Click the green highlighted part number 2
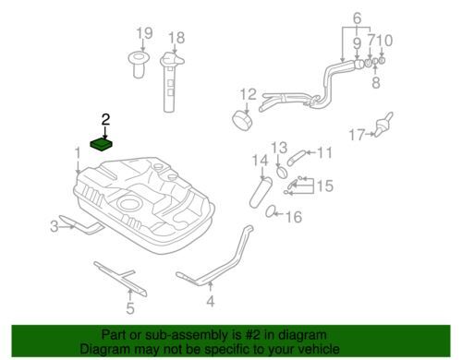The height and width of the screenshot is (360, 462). (101, 145)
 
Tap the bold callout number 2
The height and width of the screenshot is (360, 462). (105, 119)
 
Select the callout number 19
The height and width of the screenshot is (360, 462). (144, 33)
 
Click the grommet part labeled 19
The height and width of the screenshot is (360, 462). (139, 65)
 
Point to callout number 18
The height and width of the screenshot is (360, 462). (176, 38)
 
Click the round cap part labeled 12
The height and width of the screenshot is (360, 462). (242, 120)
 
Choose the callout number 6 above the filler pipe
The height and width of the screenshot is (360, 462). (357, 18)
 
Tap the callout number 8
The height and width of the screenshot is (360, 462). (376, 82)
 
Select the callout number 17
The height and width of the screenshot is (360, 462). (357, 135)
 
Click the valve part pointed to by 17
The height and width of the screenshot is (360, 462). (383, 125)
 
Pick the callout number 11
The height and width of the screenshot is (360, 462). (324, 152)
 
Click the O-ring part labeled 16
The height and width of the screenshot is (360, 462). (270, 211)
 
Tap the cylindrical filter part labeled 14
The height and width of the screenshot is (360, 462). (261, 193)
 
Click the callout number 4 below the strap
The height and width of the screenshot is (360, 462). (211, 301)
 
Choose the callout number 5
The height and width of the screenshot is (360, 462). (130, 308)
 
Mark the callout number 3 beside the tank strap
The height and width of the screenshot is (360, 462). (55, 227)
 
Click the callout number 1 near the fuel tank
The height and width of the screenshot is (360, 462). (78, 153)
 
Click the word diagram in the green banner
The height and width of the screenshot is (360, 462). (304, 335)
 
